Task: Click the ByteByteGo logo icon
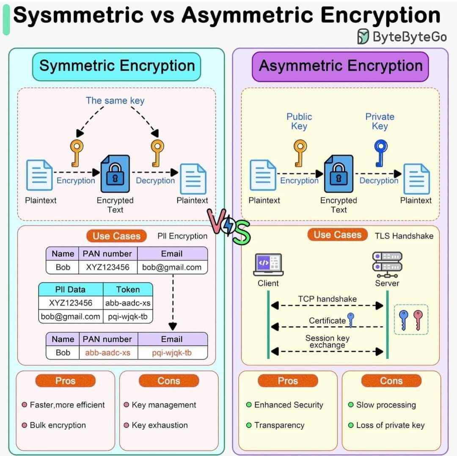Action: coord(363,36)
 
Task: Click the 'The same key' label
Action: coord(115,101)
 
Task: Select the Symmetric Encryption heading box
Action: coord(117,67)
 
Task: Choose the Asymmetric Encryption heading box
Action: coord(340,67)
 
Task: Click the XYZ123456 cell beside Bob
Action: coord(107,267)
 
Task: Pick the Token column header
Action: coord(128,289)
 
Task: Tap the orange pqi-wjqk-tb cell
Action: coord(172,353)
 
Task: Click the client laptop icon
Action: coord(268,264)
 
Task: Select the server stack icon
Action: coord(387,264)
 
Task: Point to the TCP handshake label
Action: coord(327,299)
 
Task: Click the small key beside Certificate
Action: coord(351,320)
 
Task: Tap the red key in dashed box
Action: coord(418,320)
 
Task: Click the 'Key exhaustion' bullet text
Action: coord(160,425)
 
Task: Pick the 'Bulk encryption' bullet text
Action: coord(58,425)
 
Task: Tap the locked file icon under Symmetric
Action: coord(115,174)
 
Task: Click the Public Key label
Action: coord(299,121)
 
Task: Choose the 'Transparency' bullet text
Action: coord(279,425)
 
